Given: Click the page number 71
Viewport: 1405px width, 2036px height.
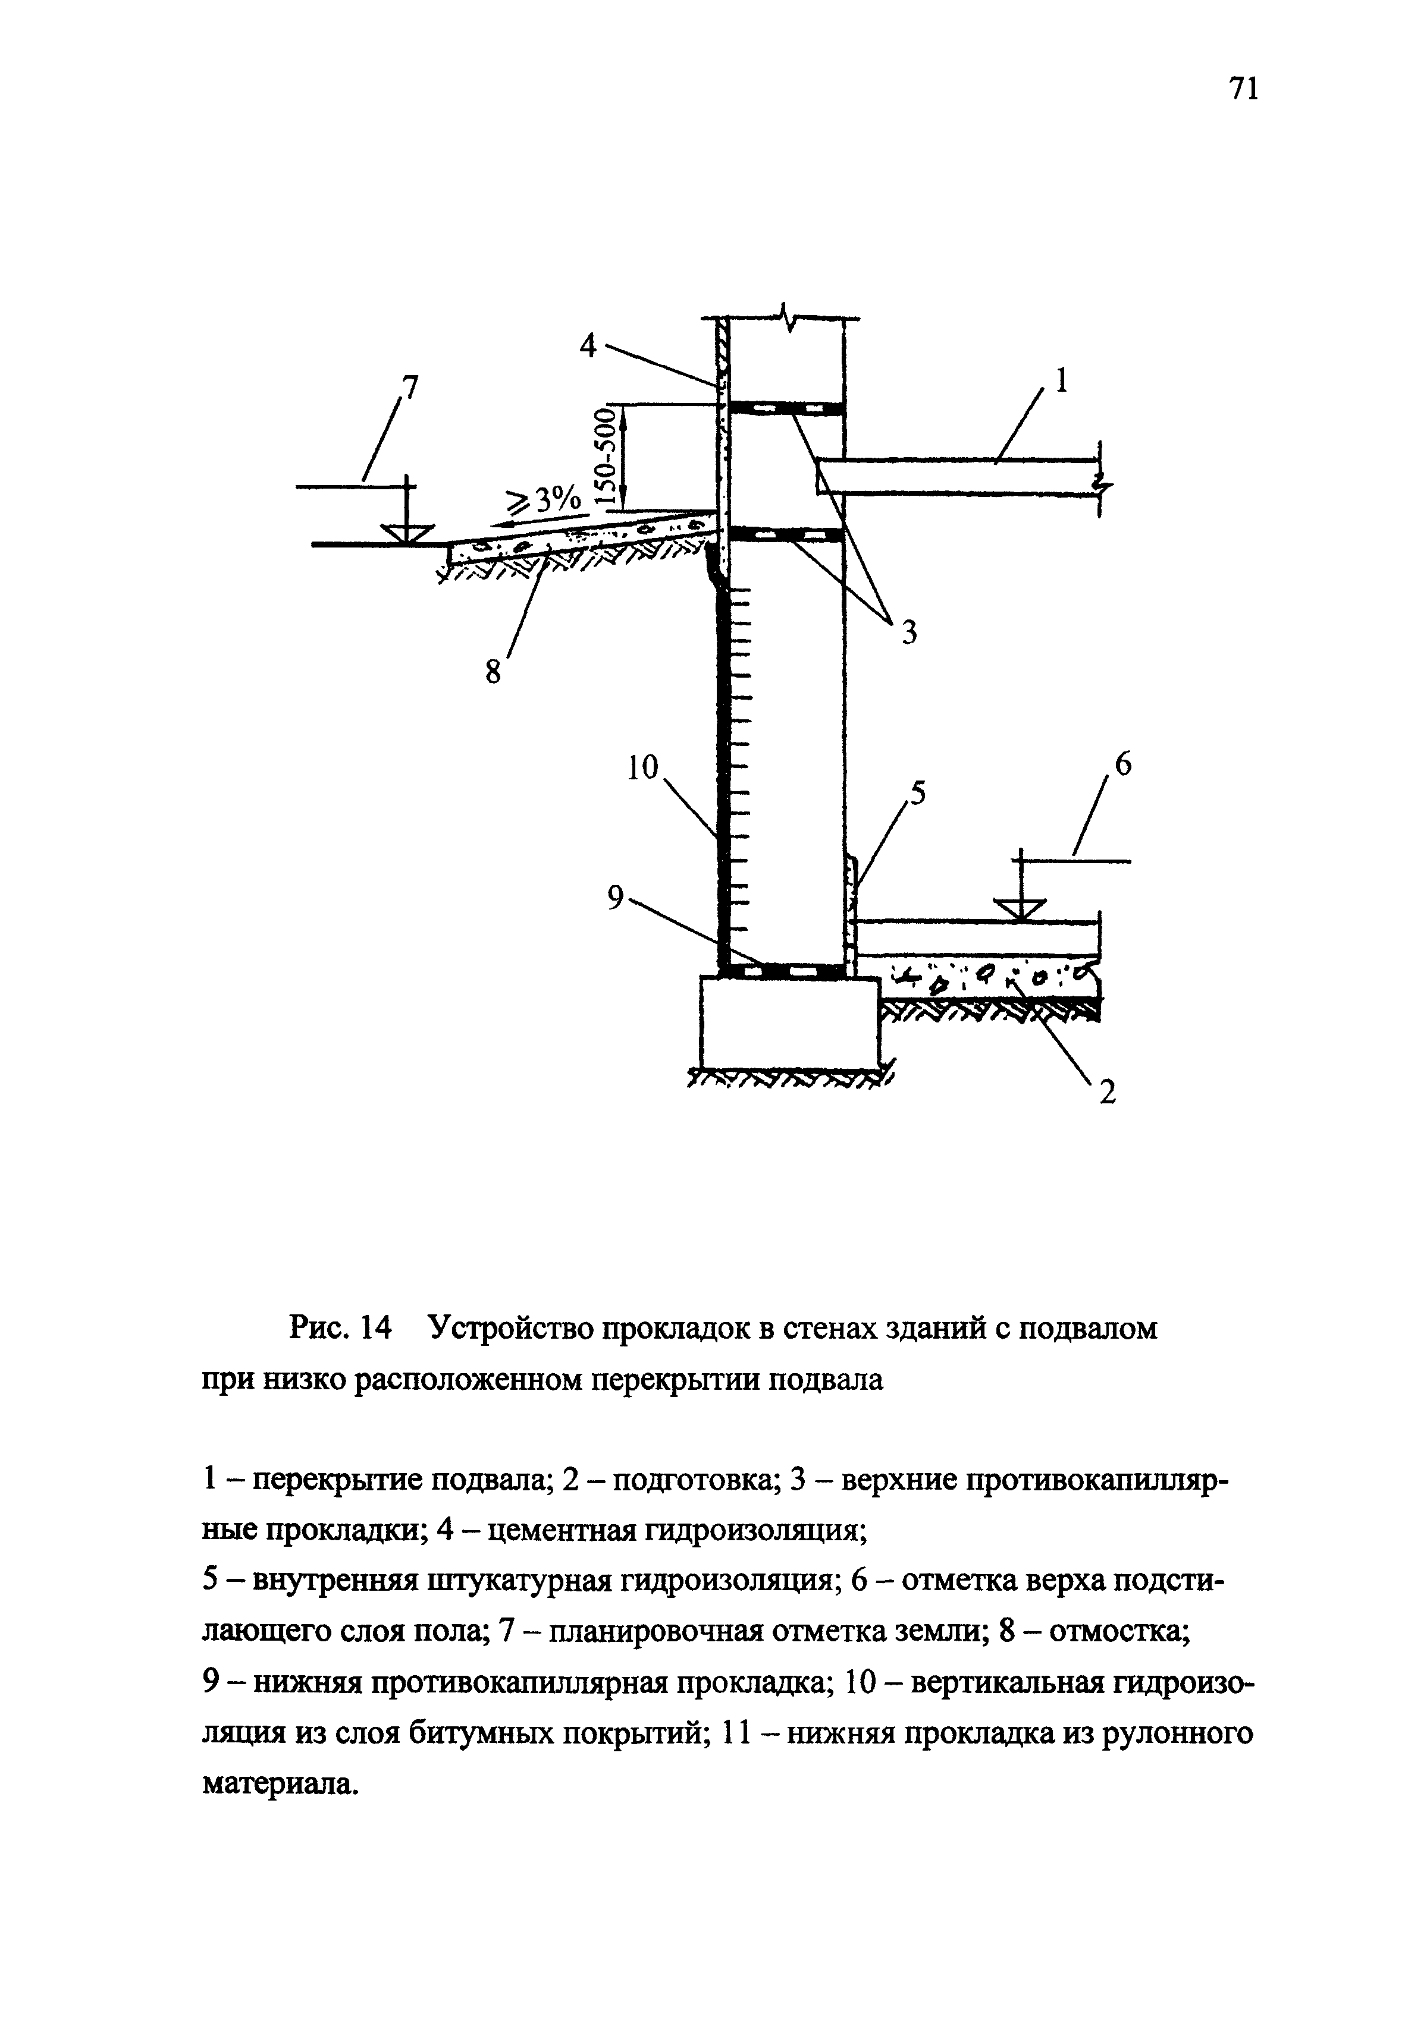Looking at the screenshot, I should [1243, 89].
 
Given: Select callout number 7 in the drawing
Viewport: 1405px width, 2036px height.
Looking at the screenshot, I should [410, 386].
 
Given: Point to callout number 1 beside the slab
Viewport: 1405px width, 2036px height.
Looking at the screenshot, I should [1061, 380].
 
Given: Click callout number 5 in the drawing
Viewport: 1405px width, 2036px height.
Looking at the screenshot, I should [917, 795].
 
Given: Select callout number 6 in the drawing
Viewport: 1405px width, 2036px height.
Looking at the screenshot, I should [1123, 766].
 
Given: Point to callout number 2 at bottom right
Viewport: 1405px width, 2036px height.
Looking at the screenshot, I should [1108, 1093].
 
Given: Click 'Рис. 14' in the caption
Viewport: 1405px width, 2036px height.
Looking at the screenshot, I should [339, 1329].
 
